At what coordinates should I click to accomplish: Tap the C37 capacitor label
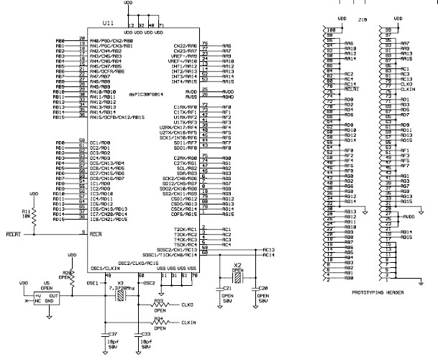(111, 334)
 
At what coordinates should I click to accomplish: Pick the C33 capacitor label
(145, 334)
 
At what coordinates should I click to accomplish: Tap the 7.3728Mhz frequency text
(124, 286)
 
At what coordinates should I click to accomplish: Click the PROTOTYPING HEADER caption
(378, 293)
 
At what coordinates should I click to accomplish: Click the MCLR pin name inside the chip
(96, 233)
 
